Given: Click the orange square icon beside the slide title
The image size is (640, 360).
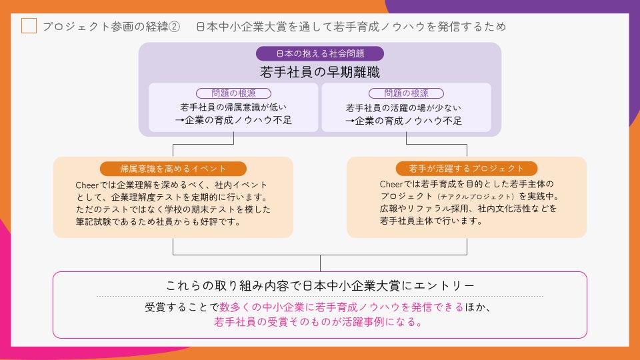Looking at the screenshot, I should pyautogui.click(x=29, y=26).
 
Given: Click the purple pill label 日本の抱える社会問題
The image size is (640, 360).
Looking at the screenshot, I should pyautogui.click(x=320, y=54).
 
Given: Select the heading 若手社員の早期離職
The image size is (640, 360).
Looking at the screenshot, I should pyautogui.click(x=320, y=71).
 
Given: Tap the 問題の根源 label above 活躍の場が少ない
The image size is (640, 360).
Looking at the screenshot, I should pyautogui.click(x=407, y=93).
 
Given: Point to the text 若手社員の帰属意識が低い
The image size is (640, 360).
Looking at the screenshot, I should pyautogui.click(x=233, y=107).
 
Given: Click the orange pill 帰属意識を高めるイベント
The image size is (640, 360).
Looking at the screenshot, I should pyautogui.click(x=173, y=169).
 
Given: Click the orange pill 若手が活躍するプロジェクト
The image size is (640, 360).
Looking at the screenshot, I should pyautogui.click(x=467, y=169).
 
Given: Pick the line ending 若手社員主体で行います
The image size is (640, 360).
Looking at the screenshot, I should pyautogui.click(x=431, y=221).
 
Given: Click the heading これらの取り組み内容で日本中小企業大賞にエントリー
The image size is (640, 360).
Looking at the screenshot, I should pyautogui.click(x=320, y=285).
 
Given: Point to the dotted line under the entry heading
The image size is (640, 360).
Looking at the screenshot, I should pyautogui.click(x=320, y=296).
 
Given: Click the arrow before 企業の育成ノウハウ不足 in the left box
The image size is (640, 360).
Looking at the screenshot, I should pyautogui.click(x=179, y=121).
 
